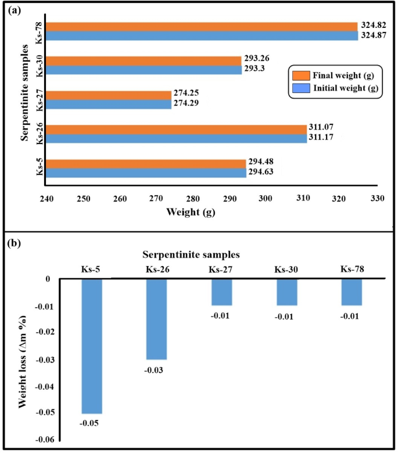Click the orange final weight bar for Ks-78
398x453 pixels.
pos(202,27)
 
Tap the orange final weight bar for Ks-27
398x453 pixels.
pos(109,95)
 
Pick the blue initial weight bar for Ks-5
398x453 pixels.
pos(146,172)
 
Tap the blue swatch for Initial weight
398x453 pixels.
pos(300,88)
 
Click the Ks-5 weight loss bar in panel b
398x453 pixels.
pos(92,346)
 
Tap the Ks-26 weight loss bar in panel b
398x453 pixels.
pos(156,319)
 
